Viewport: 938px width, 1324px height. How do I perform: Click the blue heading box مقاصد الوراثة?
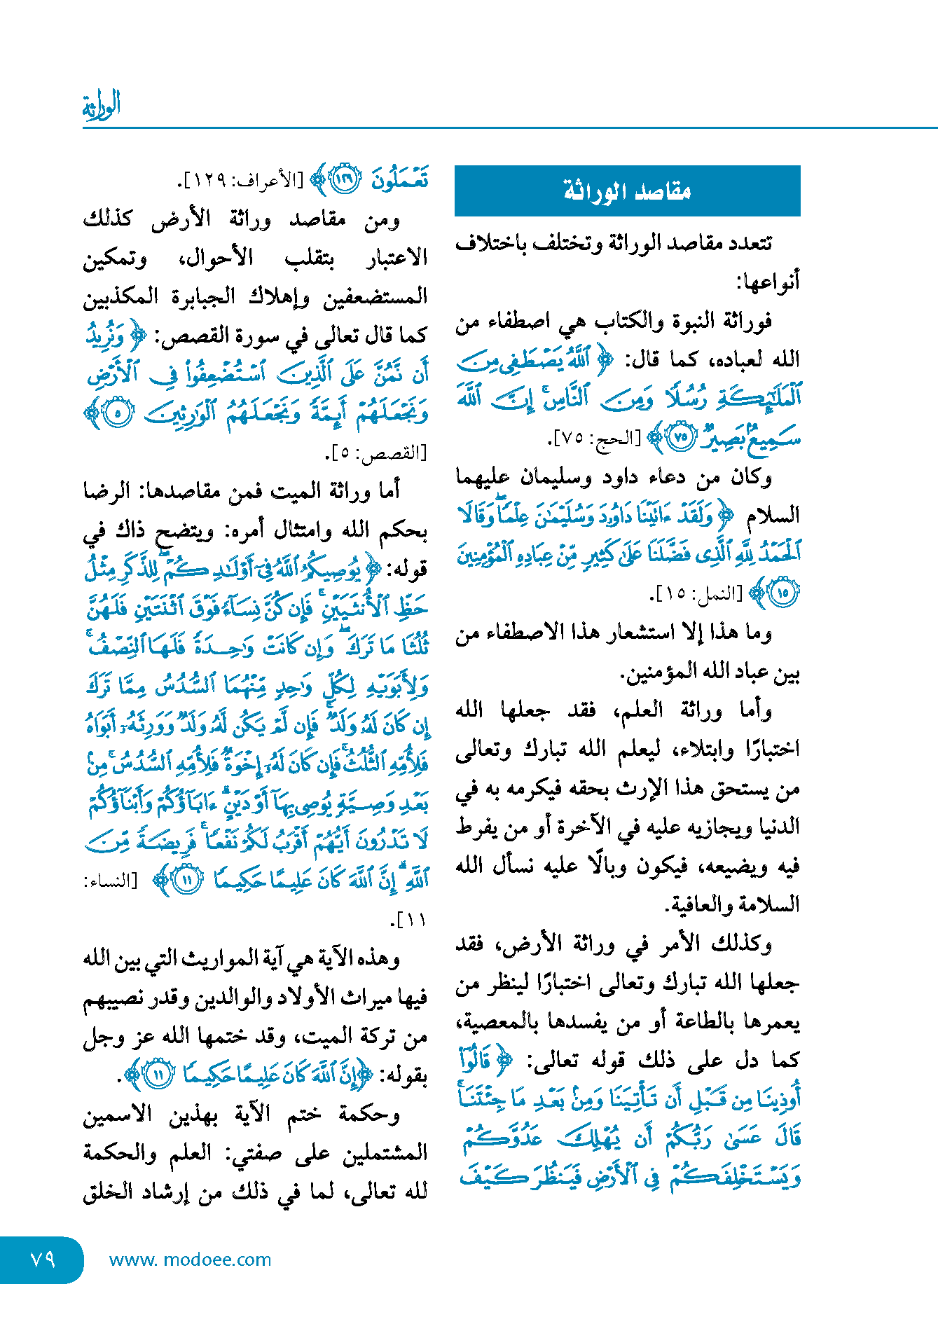tap(627, 191)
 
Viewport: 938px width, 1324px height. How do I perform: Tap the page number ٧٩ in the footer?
tap(42, 1259)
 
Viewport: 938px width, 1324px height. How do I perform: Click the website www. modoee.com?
tap(190, 1260)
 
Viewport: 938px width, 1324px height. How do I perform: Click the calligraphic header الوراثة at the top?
tap(102, 105)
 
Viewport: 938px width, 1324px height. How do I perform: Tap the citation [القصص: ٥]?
tap(378, 453)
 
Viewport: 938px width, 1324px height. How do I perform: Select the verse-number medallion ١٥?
tap(782, 593)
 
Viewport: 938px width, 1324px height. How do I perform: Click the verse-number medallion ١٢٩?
tap(345, 180)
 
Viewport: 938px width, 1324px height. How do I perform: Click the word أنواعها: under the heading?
tap(767, 282)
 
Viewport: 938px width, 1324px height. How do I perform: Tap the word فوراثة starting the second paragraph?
tap(745, 321)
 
